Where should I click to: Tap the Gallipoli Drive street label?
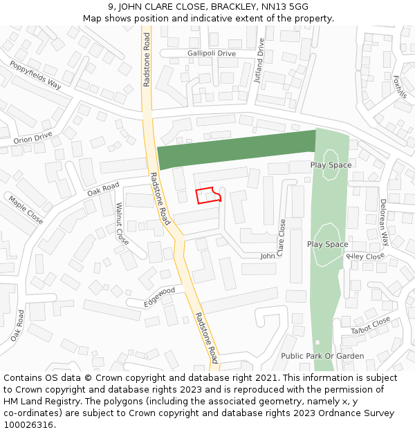click(x=211, y=53)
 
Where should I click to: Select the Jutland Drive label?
click(x=259, y=60)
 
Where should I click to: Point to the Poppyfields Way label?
click(x=35, y=75)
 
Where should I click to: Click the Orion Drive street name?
click(x=33, y=137)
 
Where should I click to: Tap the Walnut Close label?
click(x=122, y=223)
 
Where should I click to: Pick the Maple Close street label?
click(x=26, y=209)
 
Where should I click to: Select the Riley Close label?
click(x=365, y=256)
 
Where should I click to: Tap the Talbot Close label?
click(x=371, y=326)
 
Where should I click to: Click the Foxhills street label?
click(x=400, y=86)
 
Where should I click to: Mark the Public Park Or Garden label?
click(x=322, y=356)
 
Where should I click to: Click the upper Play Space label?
click(x=331, y=165)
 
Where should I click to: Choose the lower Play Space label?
click(x=327, y=245)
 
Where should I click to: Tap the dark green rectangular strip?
click(x=235, y=149)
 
